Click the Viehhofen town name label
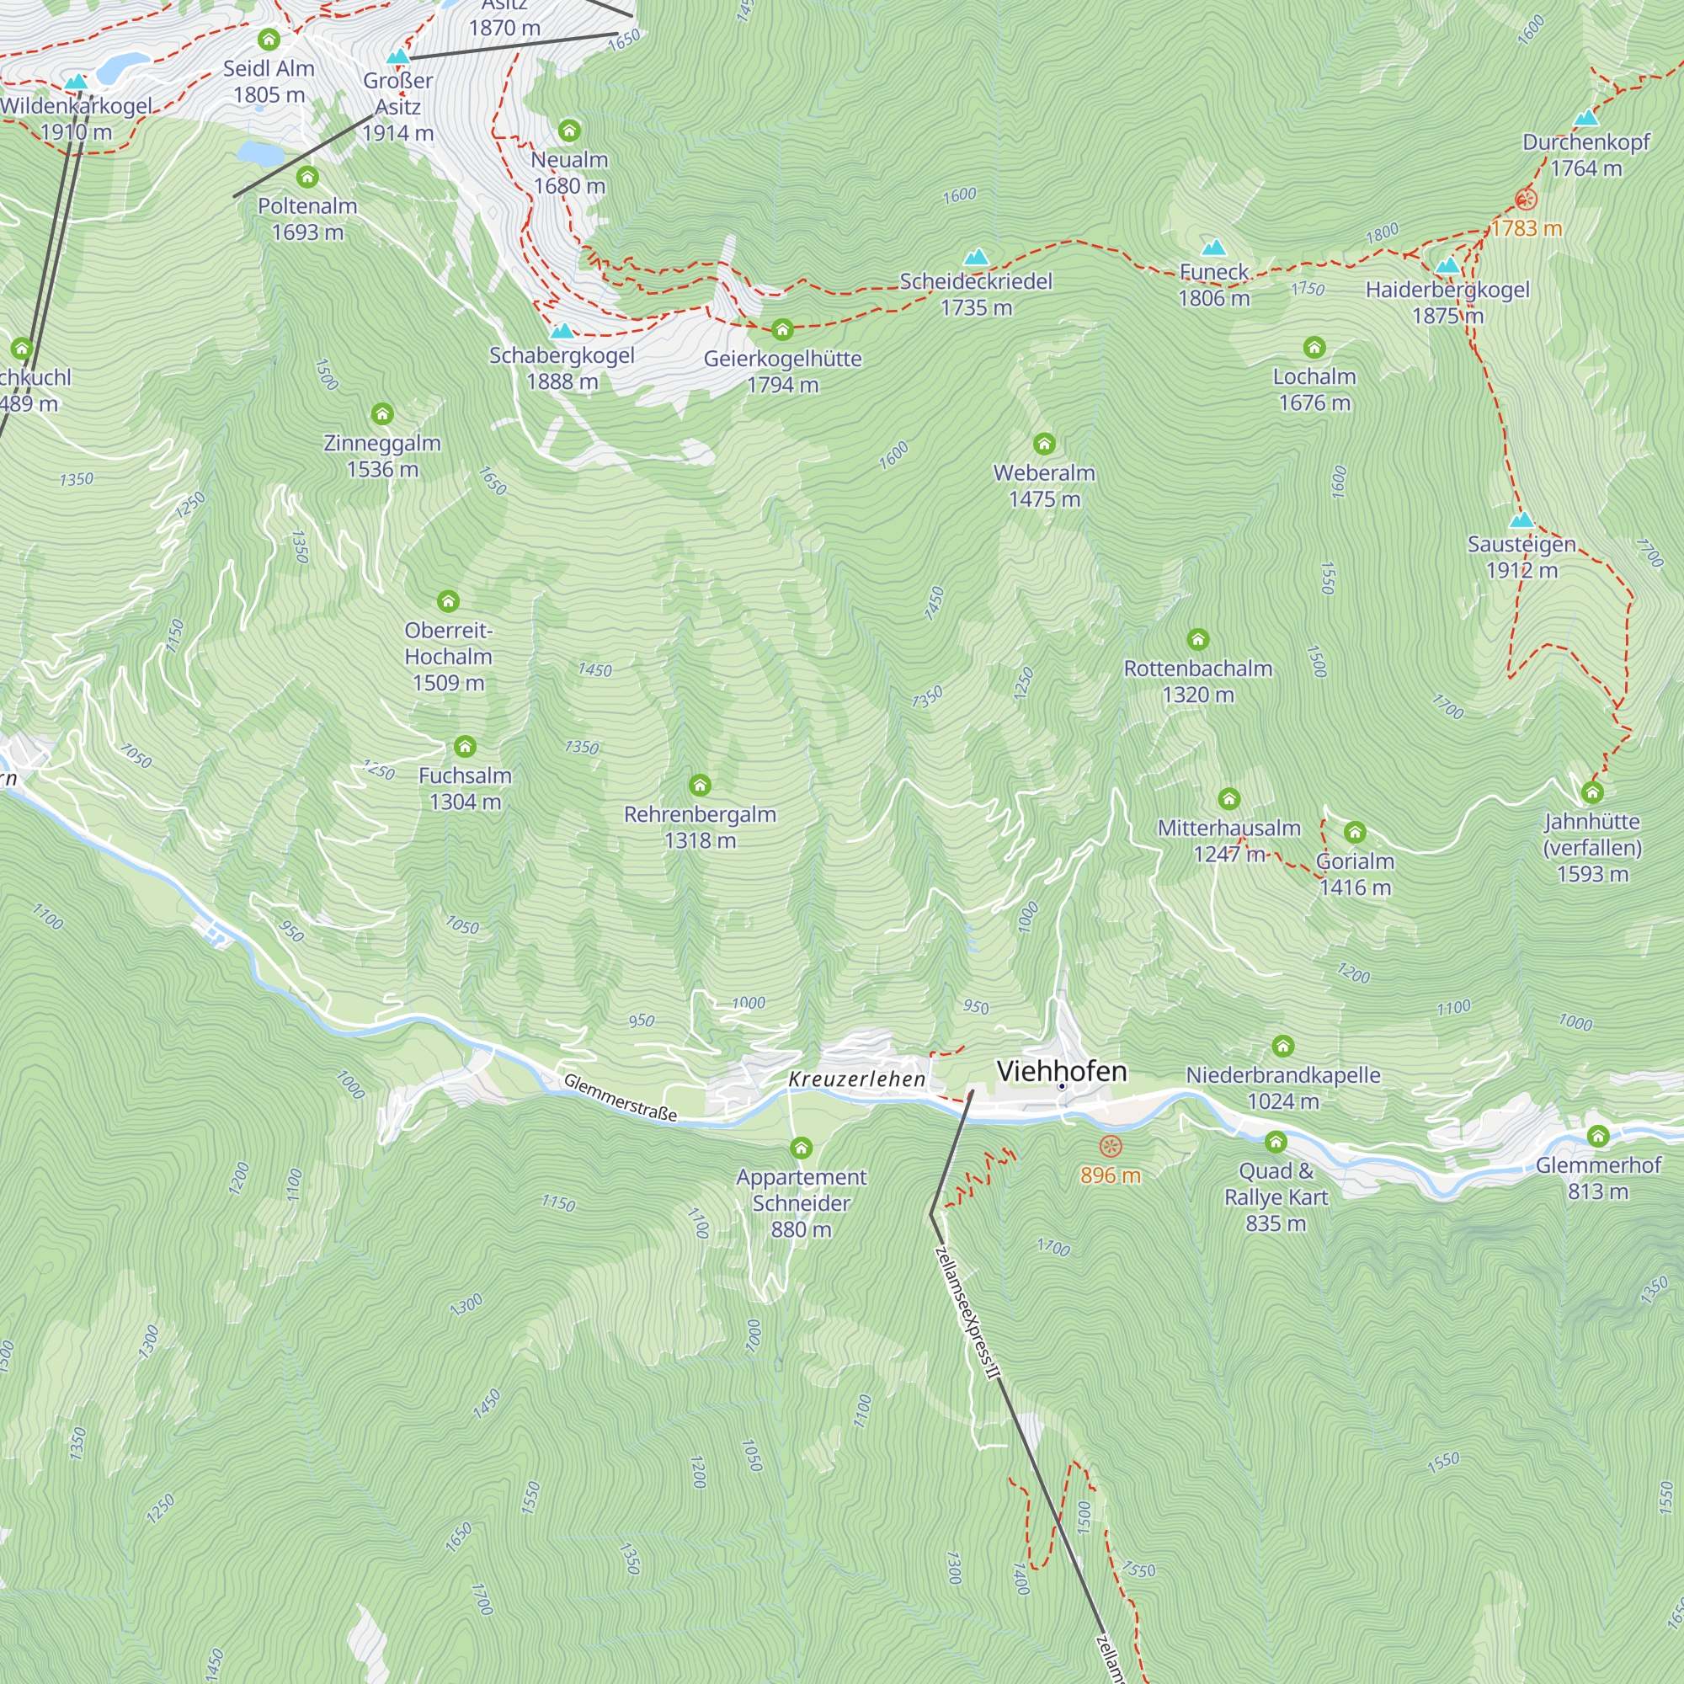1061,1071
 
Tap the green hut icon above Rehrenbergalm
700,786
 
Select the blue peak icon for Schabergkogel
562,331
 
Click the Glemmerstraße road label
620,1096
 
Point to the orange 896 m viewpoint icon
1111,1145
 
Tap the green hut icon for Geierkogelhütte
782,329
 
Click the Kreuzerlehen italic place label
856,1079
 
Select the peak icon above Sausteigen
1521,520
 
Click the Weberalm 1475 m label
1043,486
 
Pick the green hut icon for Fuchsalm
465,746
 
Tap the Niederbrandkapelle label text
1282,1074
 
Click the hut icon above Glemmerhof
1598,1136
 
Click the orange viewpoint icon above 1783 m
1526,200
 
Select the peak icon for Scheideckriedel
975,256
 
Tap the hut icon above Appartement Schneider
800,1148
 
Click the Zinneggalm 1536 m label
381,456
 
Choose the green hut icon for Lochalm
1314,348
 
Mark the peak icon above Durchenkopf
1585,118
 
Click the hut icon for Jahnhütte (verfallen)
1591,792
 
